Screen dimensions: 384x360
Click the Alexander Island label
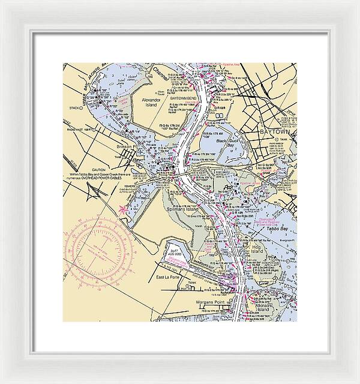(x=151, y=102)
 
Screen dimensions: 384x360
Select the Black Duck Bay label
(x=229, y=142)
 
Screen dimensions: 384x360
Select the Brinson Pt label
(x=127, y=146)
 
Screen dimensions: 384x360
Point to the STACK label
(x=74, y=108)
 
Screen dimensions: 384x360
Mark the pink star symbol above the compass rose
(x=124, y=209)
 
